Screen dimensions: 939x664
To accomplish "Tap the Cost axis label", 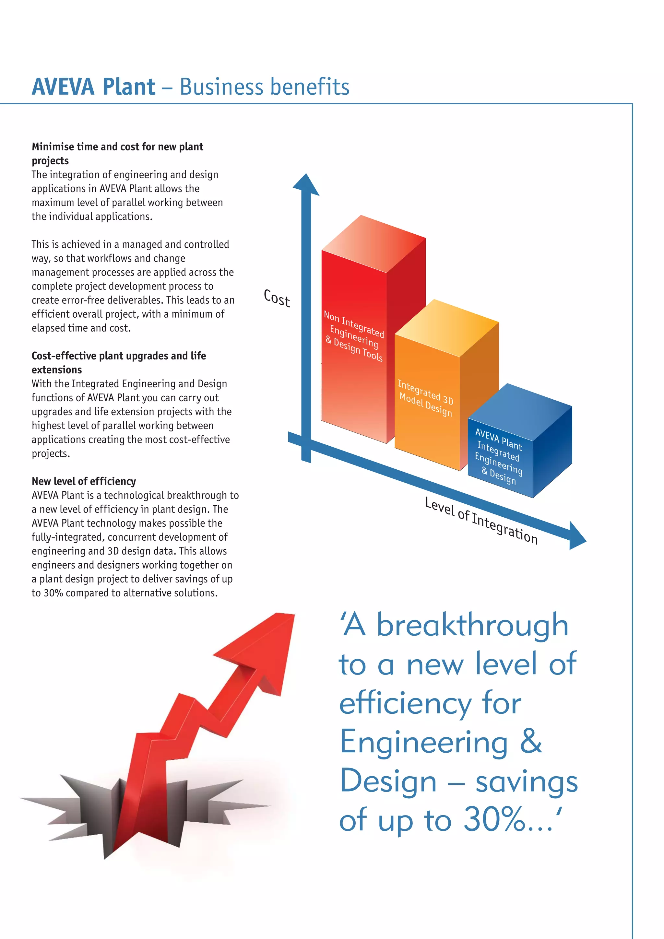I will click(277, 298).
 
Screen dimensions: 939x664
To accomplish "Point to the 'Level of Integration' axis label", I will click(481, 521).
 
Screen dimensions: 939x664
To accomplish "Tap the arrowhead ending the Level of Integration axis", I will click(576, 536).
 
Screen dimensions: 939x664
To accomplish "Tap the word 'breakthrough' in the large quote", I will click(472, 625).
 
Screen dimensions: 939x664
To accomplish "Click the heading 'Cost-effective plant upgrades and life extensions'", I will click(119, 363).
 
